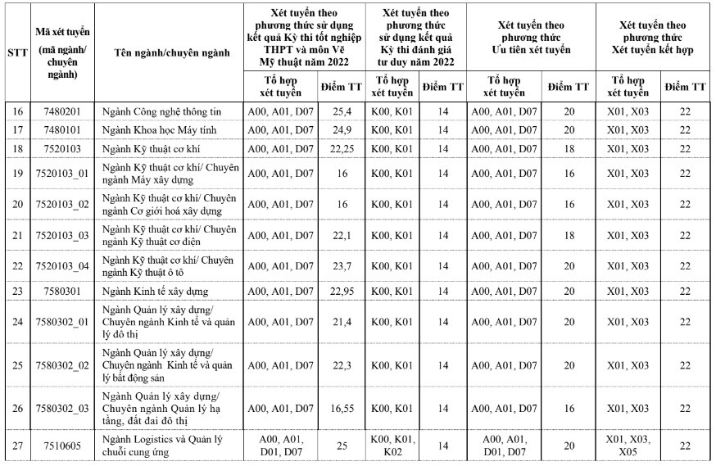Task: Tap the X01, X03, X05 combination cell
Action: pos(628,445)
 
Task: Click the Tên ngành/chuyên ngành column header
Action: pos(167,52)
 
